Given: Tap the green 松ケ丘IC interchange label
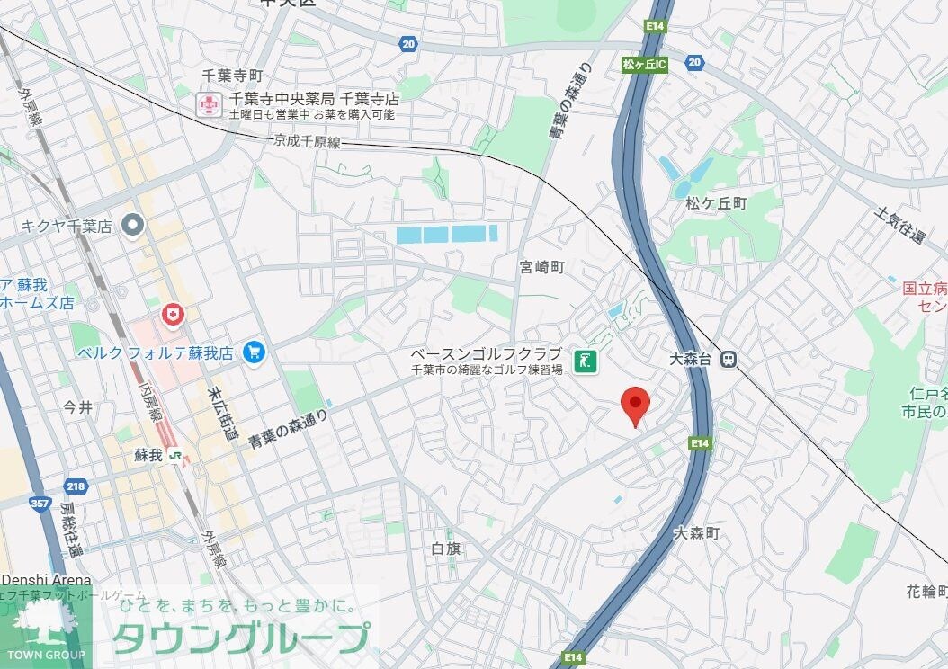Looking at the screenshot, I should (644, 65).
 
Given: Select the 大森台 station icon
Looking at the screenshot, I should (729, 359).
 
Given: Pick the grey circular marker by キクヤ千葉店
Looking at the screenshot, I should (134, 224).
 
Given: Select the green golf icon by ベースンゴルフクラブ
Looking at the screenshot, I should (586, 361).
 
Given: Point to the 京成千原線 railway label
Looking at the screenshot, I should (308, 142).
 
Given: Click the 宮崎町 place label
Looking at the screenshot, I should (541, 267).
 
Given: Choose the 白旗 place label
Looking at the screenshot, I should (446, 548).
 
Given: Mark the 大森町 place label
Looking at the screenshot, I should (697, 534).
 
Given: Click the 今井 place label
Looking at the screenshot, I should (78, 407).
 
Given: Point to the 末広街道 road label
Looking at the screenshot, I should (221, 414).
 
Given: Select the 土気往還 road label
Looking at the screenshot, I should (899, 226).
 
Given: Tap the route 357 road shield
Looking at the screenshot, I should (40, 504).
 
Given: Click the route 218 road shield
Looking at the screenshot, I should (76, 486).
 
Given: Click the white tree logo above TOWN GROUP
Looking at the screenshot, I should (42, 622).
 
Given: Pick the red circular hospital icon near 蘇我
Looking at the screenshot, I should (171, 314).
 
